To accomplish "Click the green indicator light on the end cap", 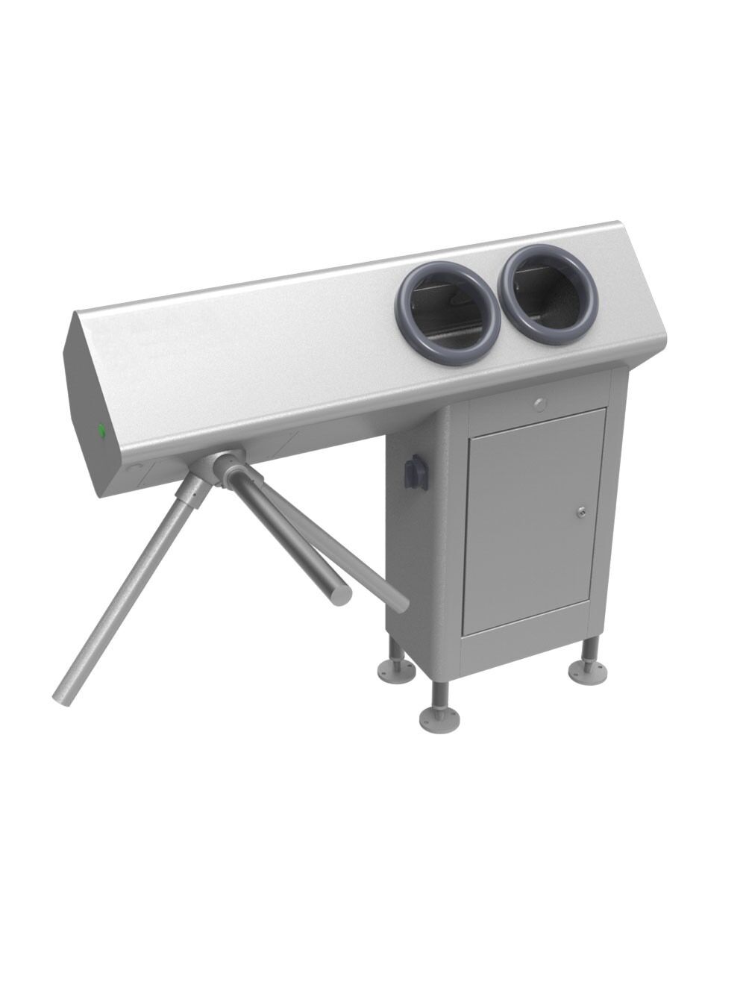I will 101,430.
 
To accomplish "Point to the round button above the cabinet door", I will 540,404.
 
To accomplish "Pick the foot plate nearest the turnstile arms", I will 396,669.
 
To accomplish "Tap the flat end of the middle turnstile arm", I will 342,597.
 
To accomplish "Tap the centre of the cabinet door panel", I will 535,519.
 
